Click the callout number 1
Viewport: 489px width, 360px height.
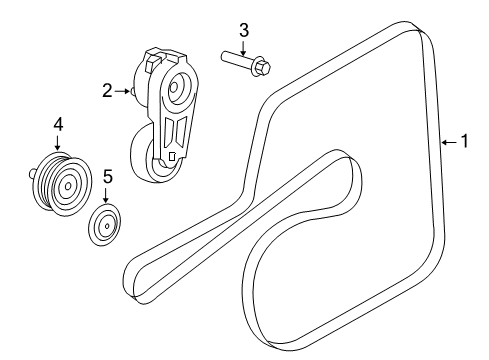463,142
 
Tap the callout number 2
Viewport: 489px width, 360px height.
107,91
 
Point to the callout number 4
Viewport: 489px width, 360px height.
58,124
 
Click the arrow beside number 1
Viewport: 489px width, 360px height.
449,142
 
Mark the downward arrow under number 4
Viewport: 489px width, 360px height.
58,143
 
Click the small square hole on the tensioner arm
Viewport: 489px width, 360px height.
172,156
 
